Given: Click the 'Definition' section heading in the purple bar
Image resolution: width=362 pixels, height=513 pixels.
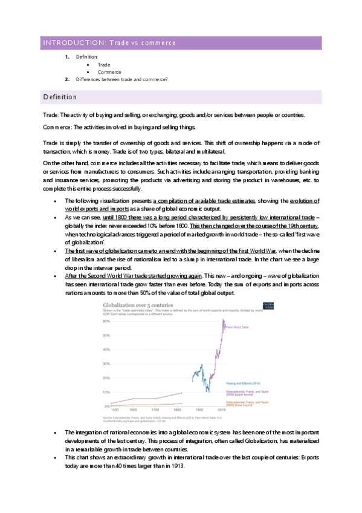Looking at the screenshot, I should [x=59, y=97].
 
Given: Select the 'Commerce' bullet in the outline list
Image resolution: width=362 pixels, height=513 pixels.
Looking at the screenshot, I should [x=109, y=71].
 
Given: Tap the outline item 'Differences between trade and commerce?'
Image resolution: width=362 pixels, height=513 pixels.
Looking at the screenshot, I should [x=121, y=79].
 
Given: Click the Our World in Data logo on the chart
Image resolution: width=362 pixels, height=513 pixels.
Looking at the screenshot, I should [x=251, y=305].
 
